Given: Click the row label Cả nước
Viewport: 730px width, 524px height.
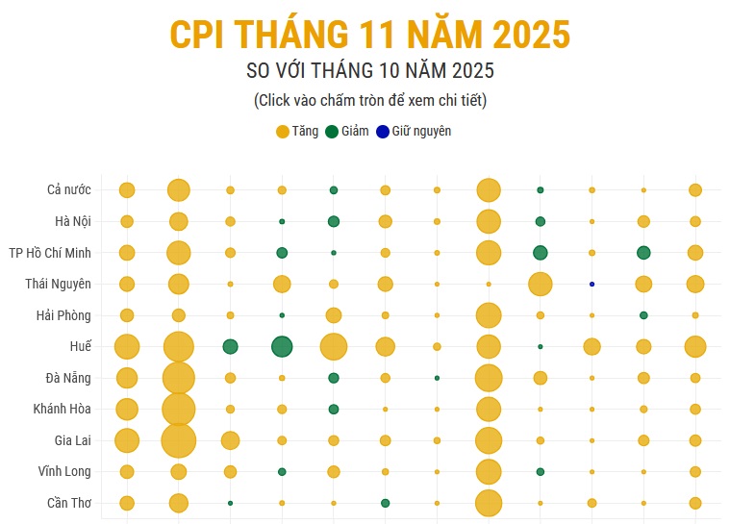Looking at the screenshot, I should [x=68, y=189].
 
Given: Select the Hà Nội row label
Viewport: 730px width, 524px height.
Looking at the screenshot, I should [x=73, y=221].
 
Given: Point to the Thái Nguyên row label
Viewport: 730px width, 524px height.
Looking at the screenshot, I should [x=59, y=284].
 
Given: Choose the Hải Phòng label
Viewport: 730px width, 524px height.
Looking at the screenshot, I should [x=63, y=315].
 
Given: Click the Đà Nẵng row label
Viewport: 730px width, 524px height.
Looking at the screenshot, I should [x=68, y=377].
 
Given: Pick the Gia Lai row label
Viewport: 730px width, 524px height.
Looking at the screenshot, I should [x=73, y=440].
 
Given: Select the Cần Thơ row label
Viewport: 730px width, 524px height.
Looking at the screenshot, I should [x=69, y=503].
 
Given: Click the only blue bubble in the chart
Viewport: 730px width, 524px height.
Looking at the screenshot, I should [x=592, y=284].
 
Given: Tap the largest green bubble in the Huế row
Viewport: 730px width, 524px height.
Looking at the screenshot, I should [x=282, y=346].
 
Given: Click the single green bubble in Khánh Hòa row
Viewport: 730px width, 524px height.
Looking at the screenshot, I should [x=334, y=409].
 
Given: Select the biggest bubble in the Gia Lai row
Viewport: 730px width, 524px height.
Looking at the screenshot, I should [x=178, y=440].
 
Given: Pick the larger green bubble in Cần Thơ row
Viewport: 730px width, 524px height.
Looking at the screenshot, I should [x=385, y=503].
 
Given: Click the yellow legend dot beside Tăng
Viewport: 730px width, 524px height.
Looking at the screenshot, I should [x=283, y=132].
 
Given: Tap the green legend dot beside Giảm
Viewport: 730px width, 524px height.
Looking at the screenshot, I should [x=332, y=132].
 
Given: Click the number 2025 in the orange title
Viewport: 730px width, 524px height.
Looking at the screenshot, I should [x=532, y=35].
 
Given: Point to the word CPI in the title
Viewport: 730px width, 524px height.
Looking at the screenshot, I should [x=199, y=35].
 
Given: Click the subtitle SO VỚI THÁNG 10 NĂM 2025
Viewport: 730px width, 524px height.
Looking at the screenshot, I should [x=370, y=71].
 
